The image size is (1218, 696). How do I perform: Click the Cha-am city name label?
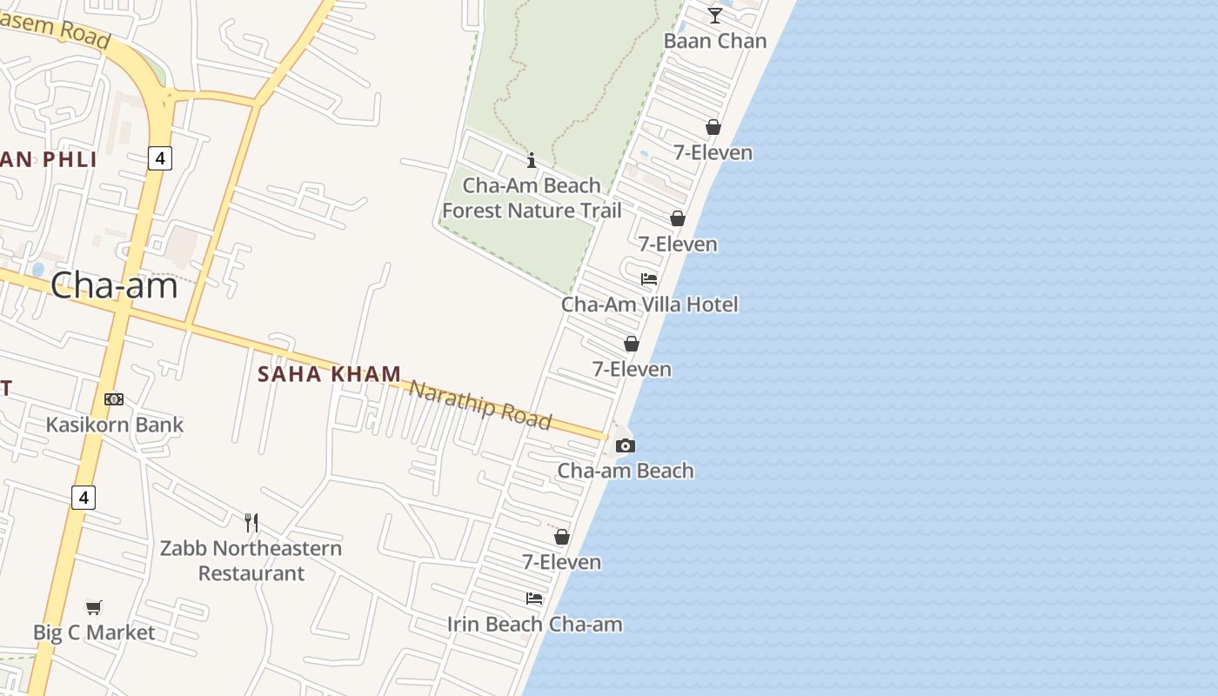pyautogui.click(x=114, y=285)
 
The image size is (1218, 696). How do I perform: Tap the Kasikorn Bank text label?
pyautogui.click(x=115, y=425)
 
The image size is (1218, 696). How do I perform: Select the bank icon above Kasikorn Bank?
pyautogui.click(x=114, y=399)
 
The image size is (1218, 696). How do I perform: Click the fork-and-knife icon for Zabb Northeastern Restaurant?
pyautogui.click(x=251, y=522)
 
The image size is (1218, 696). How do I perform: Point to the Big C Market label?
pyautogui.click(x=94, y=632)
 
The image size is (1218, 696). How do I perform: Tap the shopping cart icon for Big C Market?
pyautogui.click(x=94, y=607)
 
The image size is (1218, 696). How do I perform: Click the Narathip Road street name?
pyautogui.click(x=480, y=405)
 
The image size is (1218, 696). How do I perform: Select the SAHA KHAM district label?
pyautogui.click(x=330, y=374)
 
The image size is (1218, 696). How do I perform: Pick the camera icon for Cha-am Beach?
pyautogui.click(x=625, y=445)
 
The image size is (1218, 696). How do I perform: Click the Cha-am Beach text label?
pyautogui.click(x=626, y=471)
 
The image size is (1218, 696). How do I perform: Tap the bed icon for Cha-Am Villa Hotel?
pyautogui.click(x=649, y=279)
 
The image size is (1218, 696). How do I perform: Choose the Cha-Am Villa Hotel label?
pyautogui.click(x=650, y=304)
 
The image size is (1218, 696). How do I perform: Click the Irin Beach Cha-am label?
pyautogui.click(x=535, y=624)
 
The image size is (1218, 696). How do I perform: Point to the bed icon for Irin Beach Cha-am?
pyautogui.click(x=534, y=599)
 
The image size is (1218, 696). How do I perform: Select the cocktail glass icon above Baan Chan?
pyautogui.click(x=715, y=15)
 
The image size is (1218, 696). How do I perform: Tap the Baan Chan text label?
pyautogui.click(x=715, y=41)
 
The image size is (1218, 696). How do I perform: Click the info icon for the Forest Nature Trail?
pyautogui.click(x=532, y=160)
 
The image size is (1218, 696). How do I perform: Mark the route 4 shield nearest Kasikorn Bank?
pyautogui.click(x=84, y=498)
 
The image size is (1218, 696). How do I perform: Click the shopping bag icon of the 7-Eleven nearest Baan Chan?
pyautogui.click(x=713, y=127)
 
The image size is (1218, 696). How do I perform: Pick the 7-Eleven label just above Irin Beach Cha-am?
pyautogui.click(x=561, y=562)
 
